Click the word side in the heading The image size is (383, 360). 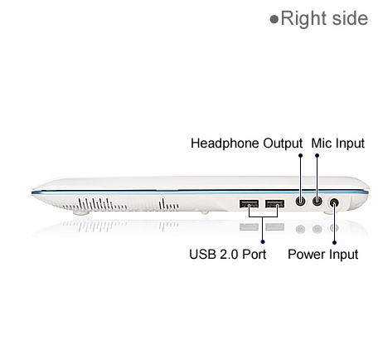click(x=350, y=18)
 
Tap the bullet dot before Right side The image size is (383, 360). click(x=274, y=19)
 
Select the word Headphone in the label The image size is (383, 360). click(x=225, y=144)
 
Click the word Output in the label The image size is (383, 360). click(x=283, y=144)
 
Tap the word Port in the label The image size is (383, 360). click(x=254, y=255)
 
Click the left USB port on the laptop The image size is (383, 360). click(x=249, y=204)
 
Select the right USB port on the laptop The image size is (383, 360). click(x=274, y=204)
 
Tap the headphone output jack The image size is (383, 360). click(x=300, y=201)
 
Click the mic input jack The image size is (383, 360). click(x=318, y=201)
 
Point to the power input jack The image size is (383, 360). click(x=334, y=202)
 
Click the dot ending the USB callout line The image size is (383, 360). click(x=263, y=242)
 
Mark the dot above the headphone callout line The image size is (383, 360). click(x=300, y=156)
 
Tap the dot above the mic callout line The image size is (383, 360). click(x=318, y=156)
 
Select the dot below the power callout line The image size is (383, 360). click(x=334, y=242)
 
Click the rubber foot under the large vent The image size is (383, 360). click(x=81, y=212)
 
